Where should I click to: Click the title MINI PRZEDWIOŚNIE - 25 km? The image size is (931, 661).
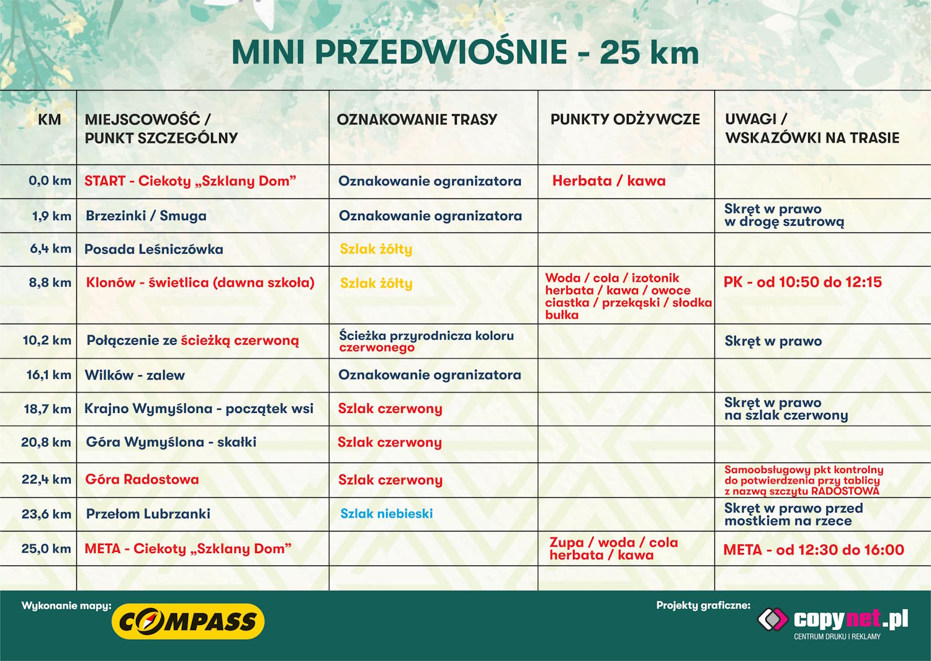pos(465,52)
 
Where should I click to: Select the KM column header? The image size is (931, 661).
pos(49,120)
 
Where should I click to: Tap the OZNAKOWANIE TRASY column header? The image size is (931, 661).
pos(417,120)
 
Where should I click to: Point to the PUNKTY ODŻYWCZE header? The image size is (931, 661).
pos(625,120)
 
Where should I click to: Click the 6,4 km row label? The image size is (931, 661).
pos(50,249)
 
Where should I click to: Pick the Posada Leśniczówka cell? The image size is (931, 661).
pos(154,249)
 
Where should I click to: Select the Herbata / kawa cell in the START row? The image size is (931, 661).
pos(609,181)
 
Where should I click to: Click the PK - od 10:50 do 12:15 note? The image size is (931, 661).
pos(803,282)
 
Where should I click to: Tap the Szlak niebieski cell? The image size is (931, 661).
pos(387,513)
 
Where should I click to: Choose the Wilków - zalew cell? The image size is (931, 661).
pos(135,375)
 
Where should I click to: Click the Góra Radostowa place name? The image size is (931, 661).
pos(142,479)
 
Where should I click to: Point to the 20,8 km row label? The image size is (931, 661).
pos(46,442)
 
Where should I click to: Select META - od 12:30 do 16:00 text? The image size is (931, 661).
pos(814,549)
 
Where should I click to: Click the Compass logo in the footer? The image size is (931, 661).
pos(188,621)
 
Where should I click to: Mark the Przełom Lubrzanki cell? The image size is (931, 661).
pos(148,514)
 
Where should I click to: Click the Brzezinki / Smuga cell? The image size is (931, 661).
pos(146,216)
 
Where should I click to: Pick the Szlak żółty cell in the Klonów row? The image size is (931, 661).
pos(376,283)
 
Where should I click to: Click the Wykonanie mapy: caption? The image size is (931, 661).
pos(66,606)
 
